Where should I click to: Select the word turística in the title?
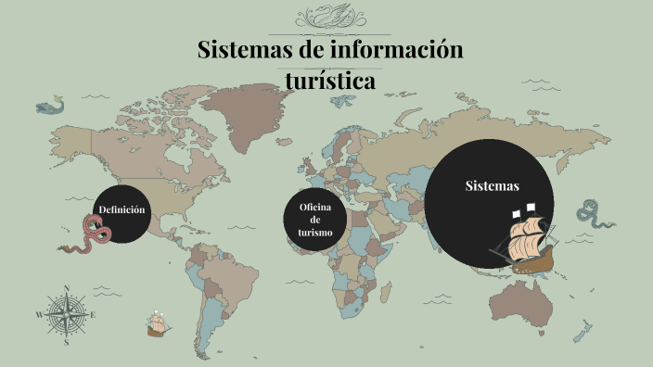[x=331, y=82]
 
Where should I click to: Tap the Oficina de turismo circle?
[x=315, y=220]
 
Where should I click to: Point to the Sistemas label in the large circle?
[x=492, y=186]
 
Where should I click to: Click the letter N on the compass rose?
[x=67, y=288]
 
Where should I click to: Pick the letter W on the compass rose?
[x=39, y=315]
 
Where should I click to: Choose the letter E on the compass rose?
[x=94, y=315]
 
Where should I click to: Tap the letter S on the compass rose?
[x=67, y=342]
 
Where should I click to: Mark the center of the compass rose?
[x=67, y=315]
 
